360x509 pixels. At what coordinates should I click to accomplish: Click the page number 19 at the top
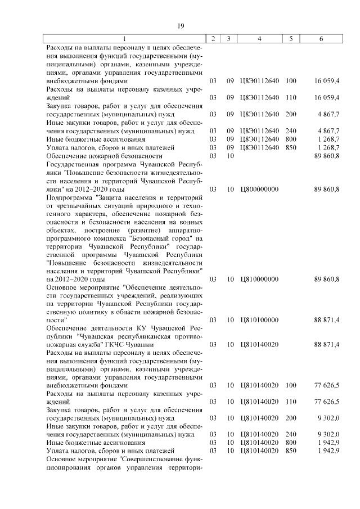point(181,26)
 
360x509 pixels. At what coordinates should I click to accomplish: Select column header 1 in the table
point(125,39)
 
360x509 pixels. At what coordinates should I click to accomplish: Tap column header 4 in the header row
point(259,39)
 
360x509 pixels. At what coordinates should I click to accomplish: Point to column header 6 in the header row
point(321,39)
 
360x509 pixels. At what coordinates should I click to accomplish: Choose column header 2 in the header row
point(213,39)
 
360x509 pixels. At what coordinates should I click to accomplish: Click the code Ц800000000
point(259,189)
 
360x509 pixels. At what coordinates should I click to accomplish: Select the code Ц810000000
point(259,279)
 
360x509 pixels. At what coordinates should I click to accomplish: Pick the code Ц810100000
point(259,319)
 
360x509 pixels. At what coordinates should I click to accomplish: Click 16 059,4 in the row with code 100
point(326,81)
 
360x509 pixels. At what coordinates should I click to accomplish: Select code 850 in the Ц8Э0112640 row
point(291,147)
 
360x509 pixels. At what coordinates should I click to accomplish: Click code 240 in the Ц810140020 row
point(291,435)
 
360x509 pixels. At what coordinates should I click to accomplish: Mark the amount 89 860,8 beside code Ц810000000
point(326,279)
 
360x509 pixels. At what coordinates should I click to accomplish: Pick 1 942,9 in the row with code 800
point(326,443)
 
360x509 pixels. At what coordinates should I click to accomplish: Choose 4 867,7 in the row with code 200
point(326,114)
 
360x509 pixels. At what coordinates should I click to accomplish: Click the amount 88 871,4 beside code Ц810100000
point(326,319)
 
